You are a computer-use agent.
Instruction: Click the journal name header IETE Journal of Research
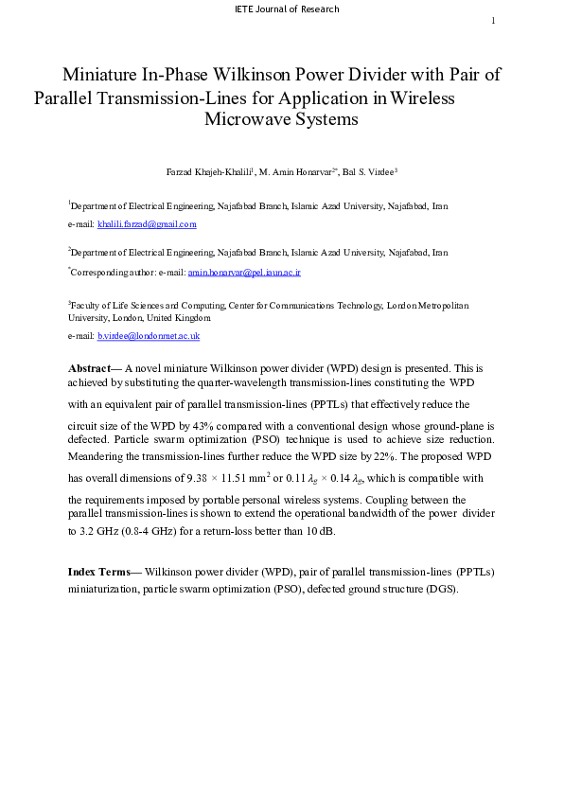[x=285, y=9]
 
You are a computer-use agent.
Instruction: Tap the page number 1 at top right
[x=493, y=22]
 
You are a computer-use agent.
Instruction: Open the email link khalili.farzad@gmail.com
[x=147, y=224]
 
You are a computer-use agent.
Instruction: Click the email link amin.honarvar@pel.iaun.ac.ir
[x=244, y=272]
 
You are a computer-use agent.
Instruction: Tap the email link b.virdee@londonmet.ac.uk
[x=149, y=336]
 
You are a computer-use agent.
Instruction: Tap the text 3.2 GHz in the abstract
[x=96, y=531]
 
